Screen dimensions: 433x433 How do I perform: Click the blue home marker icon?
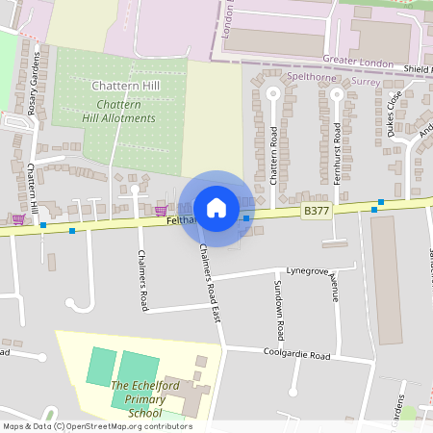216,208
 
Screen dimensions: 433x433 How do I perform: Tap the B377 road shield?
315,211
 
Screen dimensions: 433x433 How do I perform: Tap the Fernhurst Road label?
337,151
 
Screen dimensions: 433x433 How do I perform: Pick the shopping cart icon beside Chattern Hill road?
18,219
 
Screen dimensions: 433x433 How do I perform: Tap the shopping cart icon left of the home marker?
161,210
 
